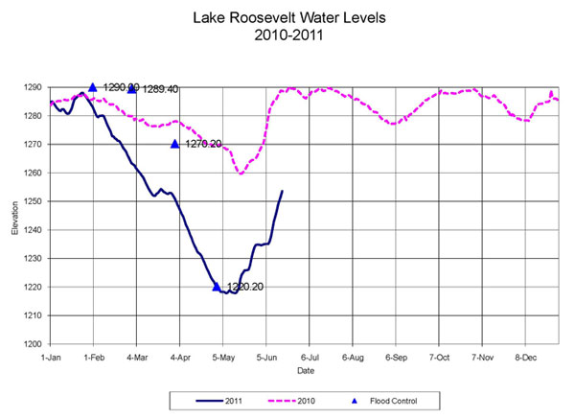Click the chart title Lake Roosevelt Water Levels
pyautogui.click(x=287, y=18)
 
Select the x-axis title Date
pyautogui.click(x=306, y=369)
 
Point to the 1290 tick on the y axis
pyautogui.click(x=34, y=87)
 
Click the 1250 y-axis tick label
pyautogui.click(x=34, y=201)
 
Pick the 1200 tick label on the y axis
pyautogui.click(x=34, y=344)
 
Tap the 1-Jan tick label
pyautogui.click(x=51, y=356)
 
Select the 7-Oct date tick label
pyautogui.click(x=439, y=356)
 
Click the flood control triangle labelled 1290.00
pyautogui.click(x=93, y=87)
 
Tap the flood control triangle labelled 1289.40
pyautogui.click(x=132, y=89)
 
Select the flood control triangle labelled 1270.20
pyautogui.click(x=175, y=144)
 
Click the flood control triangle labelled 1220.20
pyautogui.click(x=217, y=287)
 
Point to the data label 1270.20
pyautogui.click(x=202, y=144)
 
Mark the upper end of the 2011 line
pyautogui.click(x=282, y=191)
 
